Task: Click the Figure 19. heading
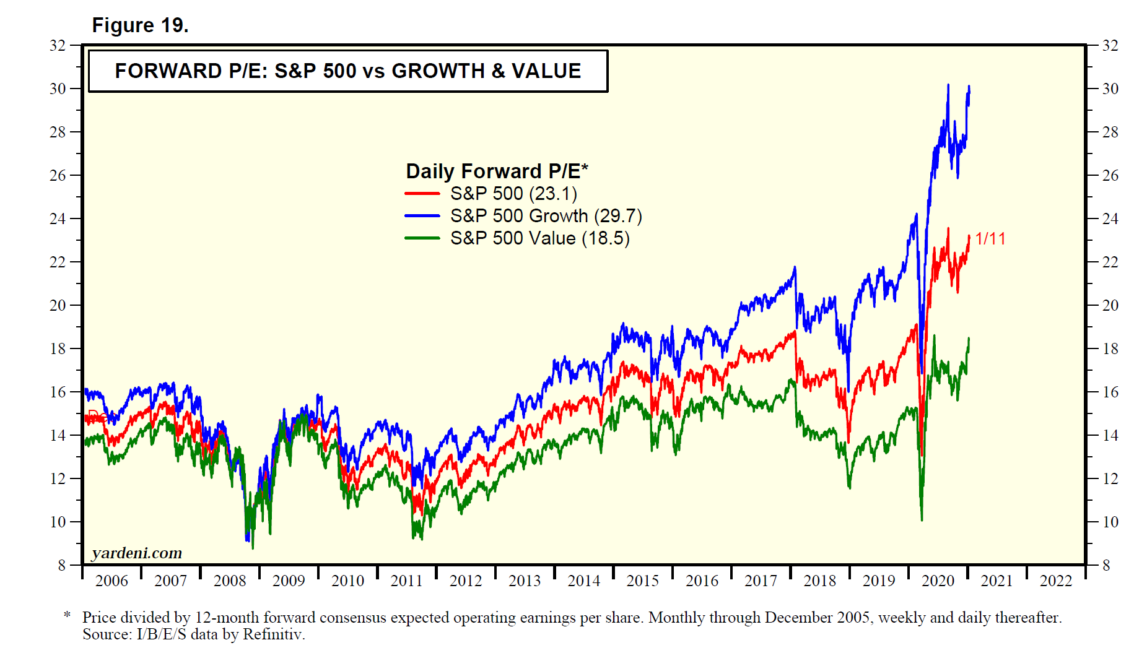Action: pos(140,25)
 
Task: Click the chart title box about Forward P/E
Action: pos(347,71)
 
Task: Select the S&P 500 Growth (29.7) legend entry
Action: pos(546,216)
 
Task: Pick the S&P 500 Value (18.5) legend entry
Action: pos(539,238)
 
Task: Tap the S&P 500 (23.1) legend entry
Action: pos(513,194)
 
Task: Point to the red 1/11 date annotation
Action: pos(990,239)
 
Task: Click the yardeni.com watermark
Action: pos(137,553)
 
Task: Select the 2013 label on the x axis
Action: pos(525,581)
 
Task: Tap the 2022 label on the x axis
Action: pos(1055,581)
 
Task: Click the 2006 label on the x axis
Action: pos(111,581)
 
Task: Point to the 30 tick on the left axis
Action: pos(58,89)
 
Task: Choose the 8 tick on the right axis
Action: pos(1106,565)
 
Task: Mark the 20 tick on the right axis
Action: pos(1110,305)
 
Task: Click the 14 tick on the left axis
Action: pos(58,435)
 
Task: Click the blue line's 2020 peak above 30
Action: pos(948,85)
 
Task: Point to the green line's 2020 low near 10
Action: pos(922,519)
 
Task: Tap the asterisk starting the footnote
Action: pos(68,615)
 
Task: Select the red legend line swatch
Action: pos(422,194)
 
